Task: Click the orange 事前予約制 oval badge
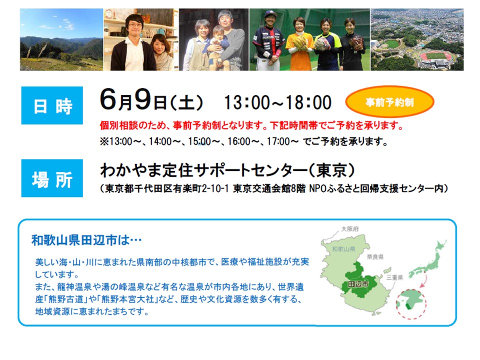pyautogui.click(x=389, y=101)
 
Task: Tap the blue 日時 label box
pyautogui.click(x=52, y=105)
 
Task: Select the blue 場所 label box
pyautogui.click(x=52, y=178)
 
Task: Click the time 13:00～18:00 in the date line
pyautogui.click(x=277, y=102)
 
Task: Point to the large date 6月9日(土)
pyautogui.click(x=151, y=99)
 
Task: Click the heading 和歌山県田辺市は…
pyautogui.click(x=86, y=240)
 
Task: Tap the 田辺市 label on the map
pyautogui.click(x=358, y=284)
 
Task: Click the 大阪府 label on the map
pyautogui.click(x=350, y=229)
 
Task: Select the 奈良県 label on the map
pyautogui.click(x=375, y=257)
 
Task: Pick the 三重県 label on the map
pyautogui.click(x=394, y=277)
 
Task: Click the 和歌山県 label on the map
pyautogui.click(x=343, y=249)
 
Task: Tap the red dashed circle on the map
pyautogui.click(x=411, y=303)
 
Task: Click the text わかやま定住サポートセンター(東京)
pyautogui.click(x=227, y=170)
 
